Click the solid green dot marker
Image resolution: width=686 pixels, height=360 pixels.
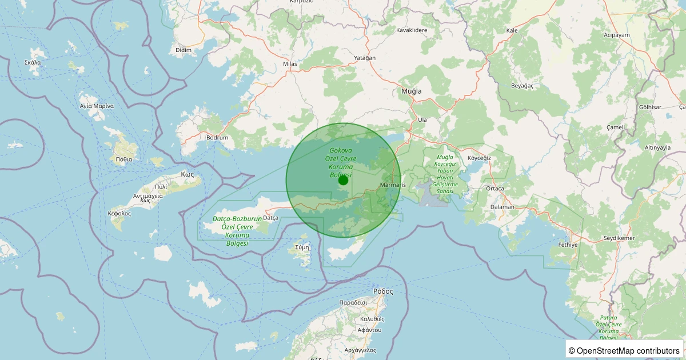pos(343,180)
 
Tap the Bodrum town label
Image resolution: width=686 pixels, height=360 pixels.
pos(217,138)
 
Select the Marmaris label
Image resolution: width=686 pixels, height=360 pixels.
pos(393,185)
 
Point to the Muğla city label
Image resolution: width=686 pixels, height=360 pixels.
pos(412,91)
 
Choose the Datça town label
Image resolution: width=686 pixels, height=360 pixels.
pos(270,218)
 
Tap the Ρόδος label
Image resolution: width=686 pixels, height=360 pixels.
pos(383,291)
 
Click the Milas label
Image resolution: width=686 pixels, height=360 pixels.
pos(290,64)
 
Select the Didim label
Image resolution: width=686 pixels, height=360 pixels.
pos(184,50)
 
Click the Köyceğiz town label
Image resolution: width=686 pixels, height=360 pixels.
pos(480,157)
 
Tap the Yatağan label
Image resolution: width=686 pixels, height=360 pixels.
pos(365,58)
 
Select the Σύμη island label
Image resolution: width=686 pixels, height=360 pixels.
pos(302,247)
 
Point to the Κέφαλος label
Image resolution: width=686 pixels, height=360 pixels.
pos(119,213)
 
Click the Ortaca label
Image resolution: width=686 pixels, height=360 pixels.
pos(494,188)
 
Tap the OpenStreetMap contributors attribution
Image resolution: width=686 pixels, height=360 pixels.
pos(624,350)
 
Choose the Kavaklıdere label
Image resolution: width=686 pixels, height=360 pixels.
pos(412,30)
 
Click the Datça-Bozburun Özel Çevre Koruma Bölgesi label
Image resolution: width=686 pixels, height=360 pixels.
pos(237,231)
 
